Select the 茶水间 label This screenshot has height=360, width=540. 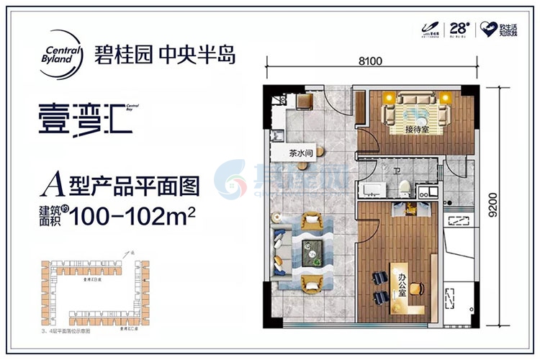302,153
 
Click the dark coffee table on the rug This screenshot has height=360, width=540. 314,249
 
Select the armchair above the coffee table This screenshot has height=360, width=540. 313,219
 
